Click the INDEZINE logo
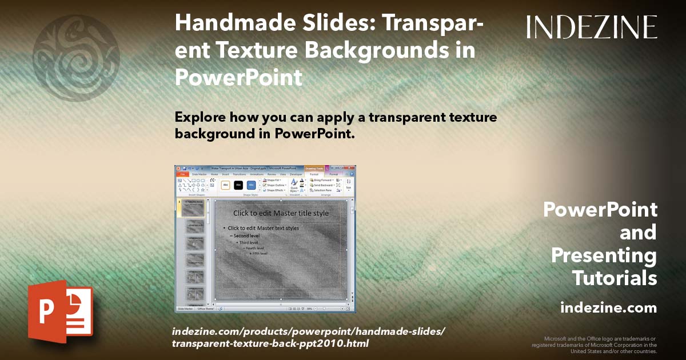(592, 27)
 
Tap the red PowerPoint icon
(60, 311)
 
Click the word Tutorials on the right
(615, 278)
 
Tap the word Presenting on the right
(604, 255)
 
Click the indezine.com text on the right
(608, 308)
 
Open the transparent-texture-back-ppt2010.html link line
(270, 343)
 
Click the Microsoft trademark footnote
(595, 345)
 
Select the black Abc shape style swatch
(238, 185)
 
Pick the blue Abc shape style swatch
(251, 185)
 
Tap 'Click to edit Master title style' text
(281, 213)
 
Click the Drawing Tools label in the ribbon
(314, 169)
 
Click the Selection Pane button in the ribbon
(323, 190)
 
